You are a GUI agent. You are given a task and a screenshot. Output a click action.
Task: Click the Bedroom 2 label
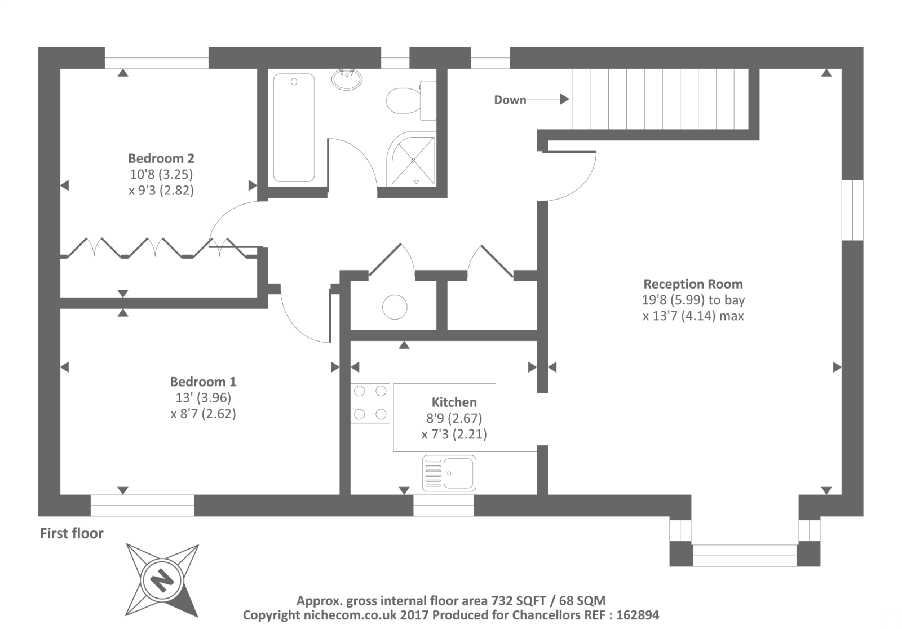[x=161, y=158]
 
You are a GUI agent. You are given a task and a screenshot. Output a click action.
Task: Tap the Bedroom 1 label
[x=203, y=382]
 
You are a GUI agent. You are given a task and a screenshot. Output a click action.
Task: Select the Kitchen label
[x=454, y=402]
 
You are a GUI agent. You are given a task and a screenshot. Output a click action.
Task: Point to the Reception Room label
[x=693, y=284]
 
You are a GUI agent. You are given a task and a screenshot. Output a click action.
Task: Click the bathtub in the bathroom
[x=294, y=127]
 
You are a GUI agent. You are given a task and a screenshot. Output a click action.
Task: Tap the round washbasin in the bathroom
[x=347, y=79]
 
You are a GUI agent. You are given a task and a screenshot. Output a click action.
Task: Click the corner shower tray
[x=412, y=159]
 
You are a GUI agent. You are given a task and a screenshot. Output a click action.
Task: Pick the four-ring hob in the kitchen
[x=370, y=402]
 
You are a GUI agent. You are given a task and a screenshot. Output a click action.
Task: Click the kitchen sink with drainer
[x=449, y=473]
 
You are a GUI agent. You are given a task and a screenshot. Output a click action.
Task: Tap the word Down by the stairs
[x=510, y=100]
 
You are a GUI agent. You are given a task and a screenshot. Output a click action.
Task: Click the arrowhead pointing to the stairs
[x=564, y=99]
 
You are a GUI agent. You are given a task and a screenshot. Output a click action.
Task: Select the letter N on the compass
[x=162, y=581]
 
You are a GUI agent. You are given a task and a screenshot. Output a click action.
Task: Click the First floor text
[x=72, y=533]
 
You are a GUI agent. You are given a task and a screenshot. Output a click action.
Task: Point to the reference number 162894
[x=638, y=615]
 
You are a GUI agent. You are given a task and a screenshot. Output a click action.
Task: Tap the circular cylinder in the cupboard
[x=395, y=307]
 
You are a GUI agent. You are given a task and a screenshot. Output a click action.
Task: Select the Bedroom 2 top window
[x=157, y=57]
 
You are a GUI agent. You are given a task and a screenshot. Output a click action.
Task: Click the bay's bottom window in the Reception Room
[x=745, y=556]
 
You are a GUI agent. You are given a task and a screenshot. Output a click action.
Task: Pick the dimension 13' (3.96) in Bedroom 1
[x=203, y=397]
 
